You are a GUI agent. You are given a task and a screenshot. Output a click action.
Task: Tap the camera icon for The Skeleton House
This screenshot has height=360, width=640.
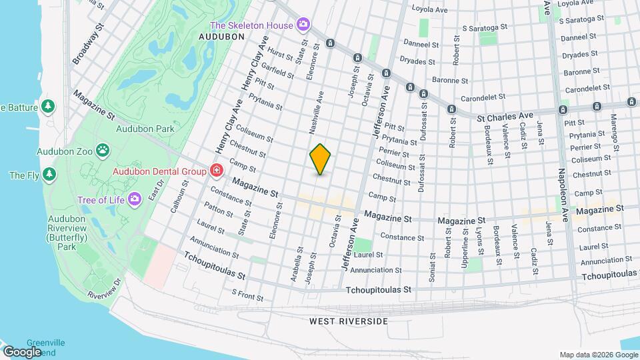303,25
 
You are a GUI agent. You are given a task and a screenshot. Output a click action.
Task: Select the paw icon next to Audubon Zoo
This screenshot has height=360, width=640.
103,151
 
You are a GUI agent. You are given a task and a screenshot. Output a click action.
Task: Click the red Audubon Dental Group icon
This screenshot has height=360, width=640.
216,171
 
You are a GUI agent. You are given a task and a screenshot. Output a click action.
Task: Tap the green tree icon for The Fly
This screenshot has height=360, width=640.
49,175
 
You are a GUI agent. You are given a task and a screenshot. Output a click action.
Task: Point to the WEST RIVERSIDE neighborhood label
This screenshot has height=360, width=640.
348,321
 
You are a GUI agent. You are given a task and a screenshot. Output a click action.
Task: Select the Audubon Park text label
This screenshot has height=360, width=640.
145,129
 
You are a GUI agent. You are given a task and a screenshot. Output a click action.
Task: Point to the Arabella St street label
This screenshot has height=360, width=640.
296,265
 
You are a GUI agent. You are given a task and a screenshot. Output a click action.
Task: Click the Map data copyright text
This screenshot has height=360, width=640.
597,354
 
